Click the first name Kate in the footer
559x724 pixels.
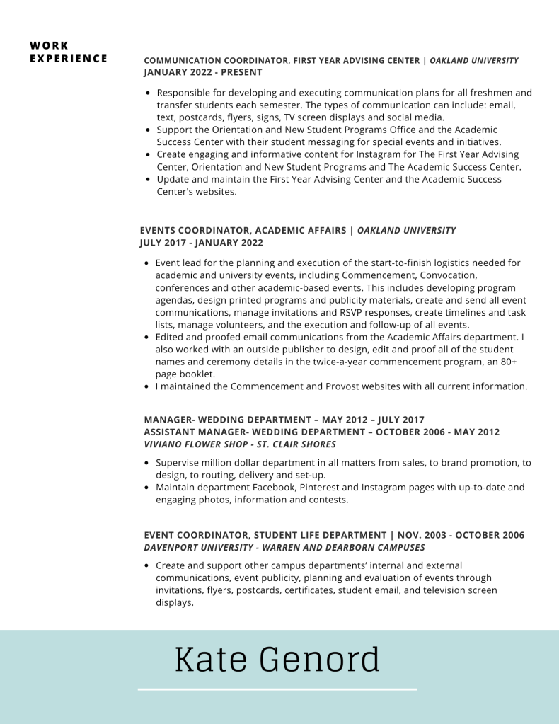coord(211,660)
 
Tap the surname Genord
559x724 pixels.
coord(320,660)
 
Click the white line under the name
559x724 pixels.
coord(277,689)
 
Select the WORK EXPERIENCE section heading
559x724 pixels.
coord(69,52)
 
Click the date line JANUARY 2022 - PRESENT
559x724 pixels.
coord(203,72)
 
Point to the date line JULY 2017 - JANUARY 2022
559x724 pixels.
coord(202,243)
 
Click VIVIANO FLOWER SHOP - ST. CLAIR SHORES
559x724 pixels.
coord(240,444)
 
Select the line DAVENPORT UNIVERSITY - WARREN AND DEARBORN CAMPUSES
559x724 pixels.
coord(284,548)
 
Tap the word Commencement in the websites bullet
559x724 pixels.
coord(266,386)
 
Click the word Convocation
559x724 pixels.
coord(449,275)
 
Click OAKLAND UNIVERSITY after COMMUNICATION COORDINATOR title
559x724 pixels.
coord(474,61)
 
